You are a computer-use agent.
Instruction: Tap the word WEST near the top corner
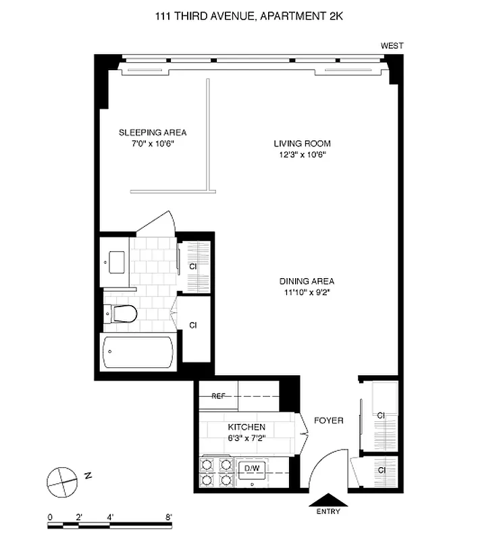pos(392,46)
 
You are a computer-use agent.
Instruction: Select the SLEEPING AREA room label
pos(153,132)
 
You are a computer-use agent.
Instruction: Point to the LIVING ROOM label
pos(302,143)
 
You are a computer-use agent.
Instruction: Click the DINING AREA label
pos(307,281)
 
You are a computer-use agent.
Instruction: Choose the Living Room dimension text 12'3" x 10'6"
pos(302,155)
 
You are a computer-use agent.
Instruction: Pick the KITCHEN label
pos(246,427)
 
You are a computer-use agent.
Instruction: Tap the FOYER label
pos(329,421)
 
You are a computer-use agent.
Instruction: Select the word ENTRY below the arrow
pos(328,512)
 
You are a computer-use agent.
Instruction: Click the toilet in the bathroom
pos(122,313)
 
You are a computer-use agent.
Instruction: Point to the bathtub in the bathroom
pos(138,352)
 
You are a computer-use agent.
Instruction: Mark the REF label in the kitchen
pos(218,396)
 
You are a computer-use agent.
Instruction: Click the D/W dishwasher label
pos(252,467)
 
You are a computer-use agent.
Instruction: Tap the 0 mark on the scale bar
pos(50,518)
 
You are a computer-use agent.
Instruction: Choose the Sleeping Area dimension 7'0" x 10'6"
pos(153,144)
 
